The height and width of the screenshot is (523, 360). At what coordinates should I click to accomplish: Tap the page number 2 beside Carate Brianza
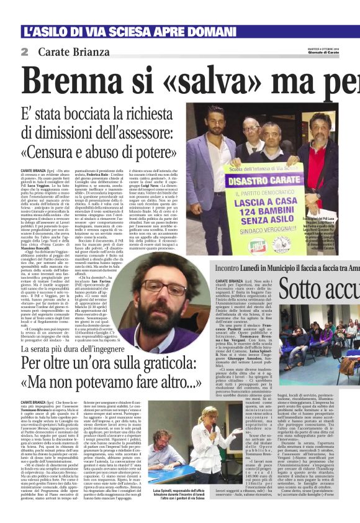(24, 52)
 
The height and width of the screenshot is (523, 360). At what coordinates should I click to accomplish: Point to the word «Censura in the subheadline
(68, 152)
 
